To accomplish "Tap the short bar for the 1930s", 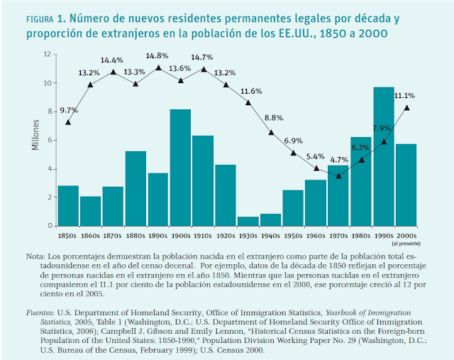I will [248, 221].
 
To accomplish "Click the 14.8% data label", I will [158, 56].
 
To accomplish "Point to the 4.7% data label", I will [338, 160].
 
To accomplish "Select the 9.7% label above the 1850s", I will [68, 111].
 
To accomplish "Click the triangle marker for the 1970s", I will [338, 175].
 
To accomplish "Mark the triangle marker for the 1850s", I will [68, 122].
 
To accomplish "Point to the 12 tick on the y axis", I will [47, 54].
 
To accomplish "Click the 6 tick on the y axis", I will [48, 140].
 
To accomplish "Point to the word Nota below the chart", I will [35, 256].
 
